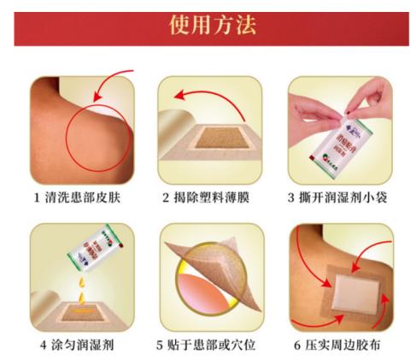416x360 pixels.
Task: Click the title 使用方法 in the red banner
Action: tap(208, 26)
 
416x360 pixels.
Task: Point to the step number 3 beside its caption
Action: tap(293, 198)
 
